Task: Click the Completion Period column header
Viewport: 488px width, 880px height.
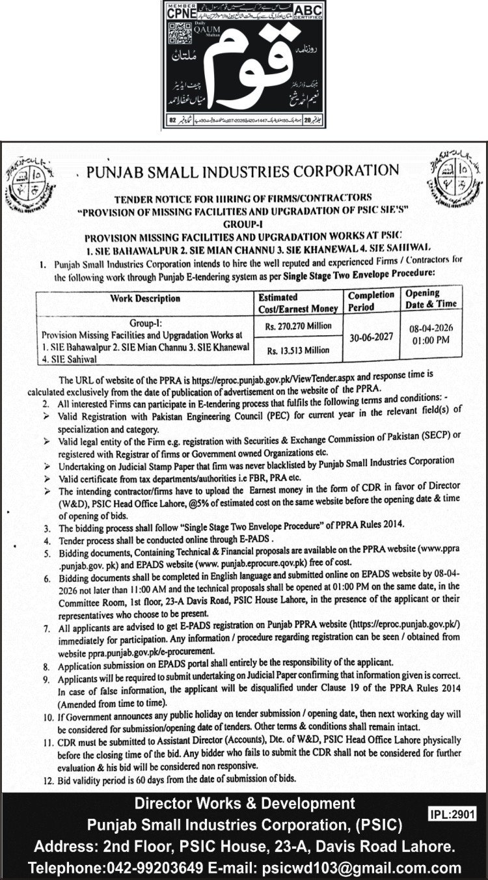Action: click(x=371, y=300)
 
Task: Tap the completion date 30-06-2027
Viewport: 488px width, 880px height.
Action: click(x=370, y=338)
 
